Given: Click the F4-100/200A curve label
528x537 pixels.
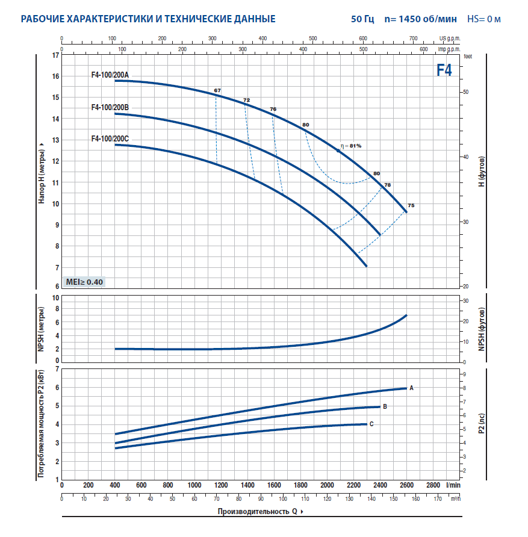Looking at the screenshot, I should coord(110,75).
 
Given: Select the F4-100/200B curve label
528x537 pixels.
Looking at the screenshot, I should coord(110,108).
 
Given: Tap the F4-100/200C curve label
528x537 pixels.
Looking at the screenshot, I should coord(110,139).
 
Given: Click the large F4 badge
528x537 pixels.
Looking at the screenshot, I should coord(444,70).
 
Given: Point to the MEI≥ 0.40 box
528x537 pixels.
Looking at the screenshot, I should coord(84,282).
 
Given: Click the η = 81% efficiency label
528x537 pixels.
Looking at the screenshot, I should coord(350,146).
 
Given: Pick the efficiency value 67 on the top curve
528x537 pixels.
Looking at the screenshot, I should coord(217,90).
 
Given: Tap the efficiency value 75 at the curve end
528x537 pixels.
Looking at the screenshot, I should coord(411,206).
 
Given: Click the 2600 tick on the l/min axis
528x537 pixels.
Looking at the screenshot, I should coord(406,485).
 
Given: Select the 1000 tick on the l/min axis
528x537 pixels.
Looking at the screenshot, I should coord(194,485).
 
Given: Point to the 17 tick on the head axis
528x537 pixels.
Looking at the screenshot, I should coord(56,55).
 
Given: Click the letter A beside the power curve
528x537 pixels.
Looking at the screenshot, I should coord(411,388).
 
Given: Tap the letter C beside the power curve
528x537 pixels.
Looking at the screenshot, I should coord(371,424).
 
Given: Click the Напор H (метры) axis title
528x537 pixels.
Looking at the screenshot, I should coord(42,173).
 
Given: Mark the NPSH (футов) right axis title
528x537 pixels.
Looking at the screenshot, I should coord(481,329).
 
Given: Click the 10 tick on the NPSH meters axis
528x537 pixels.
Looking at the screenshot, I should coord(56,298).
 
